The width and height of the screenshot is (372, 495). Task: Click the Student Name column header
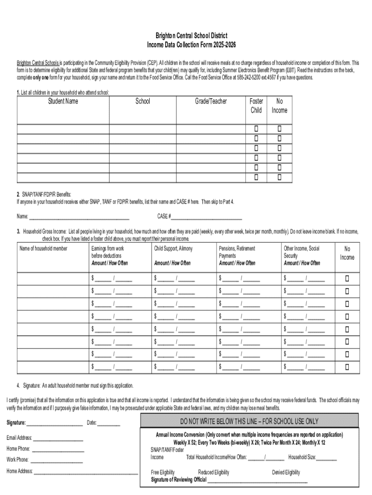coord(63,101)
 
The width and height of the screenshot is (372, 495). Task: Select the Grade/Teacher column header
coord(211,101)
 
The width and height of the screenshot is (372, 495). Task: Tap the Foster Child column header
coord(256,105)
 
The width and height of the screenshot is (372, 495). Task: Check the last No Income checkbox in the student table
coord(279,177)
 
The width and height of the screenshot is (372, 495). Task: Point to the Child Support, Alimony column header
coord(173,248)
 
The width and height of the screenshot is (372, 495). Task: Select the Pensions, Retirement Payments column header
coord(237,252)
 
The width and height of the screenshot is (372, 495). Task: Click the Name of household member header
coord(43,248)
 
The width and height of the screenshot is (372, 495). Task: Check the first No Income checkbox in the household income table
coord(347,278)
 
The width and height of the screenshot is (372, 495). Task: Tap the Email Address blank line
coord(58,438)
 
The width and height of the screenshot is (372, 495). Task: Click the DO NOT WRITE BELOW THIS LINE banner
coord(249,421)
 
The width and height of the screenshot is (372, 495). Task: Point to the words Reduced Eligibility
coord(214,472)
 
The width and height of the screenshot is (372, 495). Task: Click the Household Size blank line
coord(327,457)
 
